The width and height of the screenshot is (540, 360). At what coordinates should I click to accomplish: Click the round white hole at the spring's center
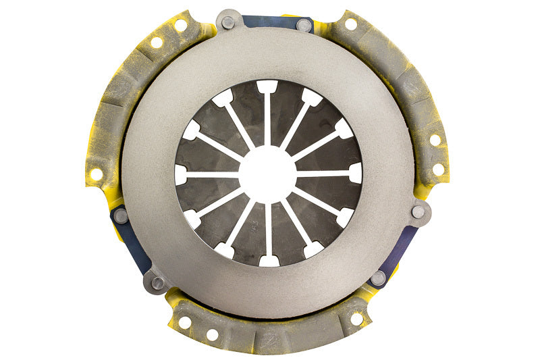click(x=267, y=174)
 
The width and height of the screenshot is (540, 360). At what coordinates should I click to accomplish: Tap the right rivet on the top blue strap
click(x=304, y=25)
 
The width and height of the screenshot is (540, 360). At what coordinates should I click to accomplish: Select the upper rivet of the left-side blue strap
click(x=121, y=216)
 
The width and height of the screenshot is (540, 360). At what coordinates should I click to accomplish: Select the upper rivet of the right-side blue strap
click(x=418, y=211)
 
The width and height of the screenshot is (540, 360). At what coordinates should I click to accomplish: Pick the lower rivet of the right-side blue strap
click(x=378, y=278)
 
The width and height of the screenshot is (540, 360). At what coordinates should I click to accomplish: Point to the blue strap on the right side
click(x=401, y=247)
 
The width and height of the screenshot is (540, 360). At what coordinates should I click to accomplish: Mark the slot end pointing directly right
click(x=355, y=173)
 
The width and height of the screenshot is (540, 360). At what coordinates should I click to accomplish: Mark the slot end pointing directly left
click(x=180, y=174)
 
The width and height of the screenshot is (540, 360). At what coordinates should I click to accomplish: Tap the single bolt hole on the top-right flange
click(x=350, y=24)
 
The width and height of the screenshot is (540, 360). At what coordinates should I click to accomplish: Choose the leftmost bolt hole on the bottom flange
click(x=184, y=323)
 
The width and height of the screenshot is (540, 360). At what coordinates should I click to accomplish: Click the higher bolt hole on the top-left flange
click(x=180, y=25)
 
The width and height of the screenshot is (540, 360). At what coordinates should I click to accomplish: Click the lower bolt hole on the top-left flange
click(x=157, y=42)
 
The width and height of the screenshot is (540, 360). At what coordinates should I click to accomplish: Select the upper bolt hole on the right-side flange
click(x=435, y=140)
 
